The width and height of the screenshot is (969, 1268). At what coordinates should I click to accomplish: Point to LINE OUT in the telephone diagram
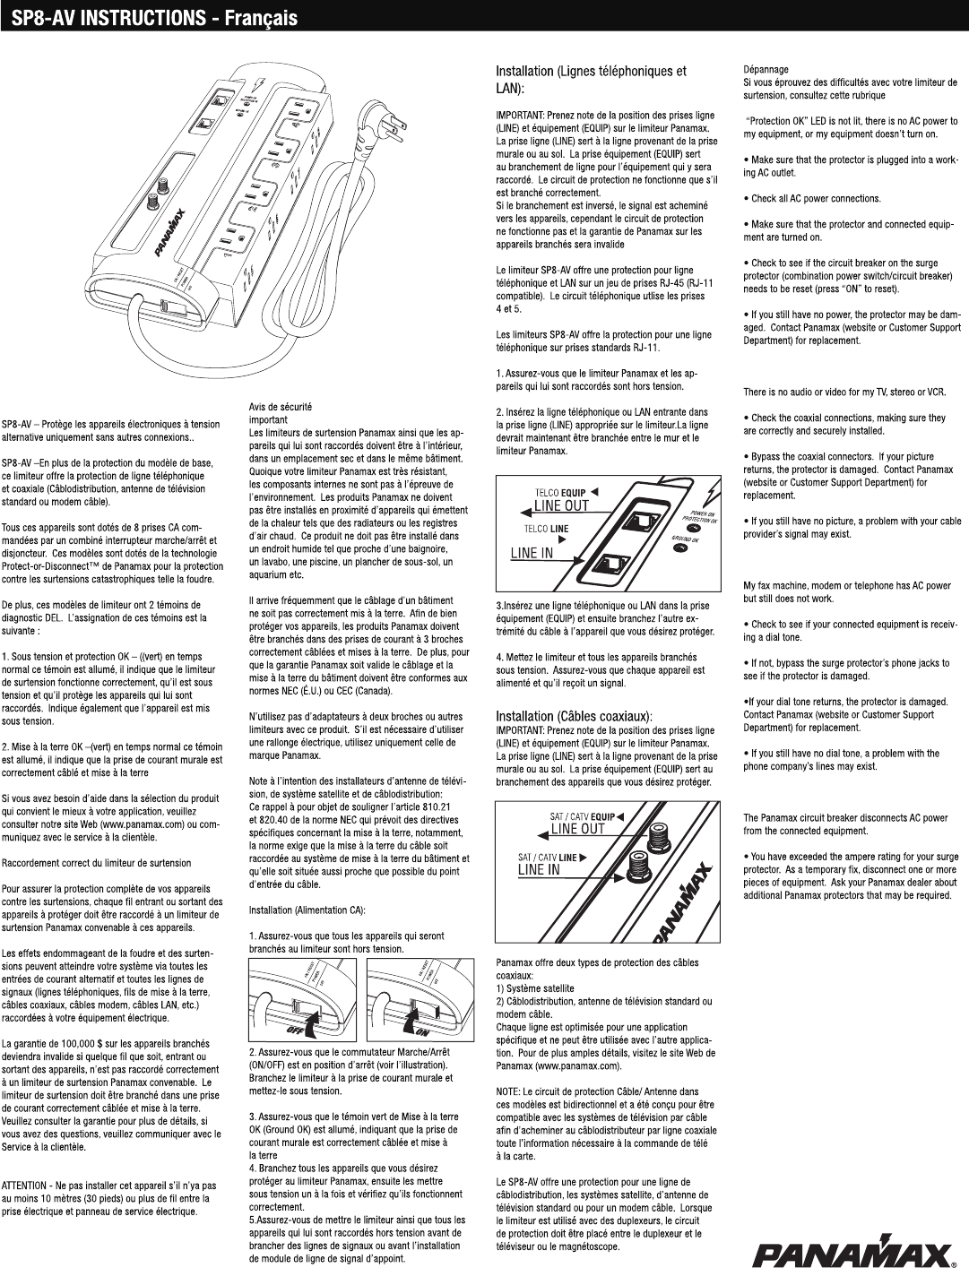point(562,505)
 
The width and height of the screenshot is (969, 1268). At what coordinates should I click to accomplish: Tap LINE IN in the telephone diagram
point(532,553)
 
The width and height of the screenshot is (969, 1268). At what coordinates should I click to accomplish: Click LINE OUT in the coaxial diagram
point(577,829)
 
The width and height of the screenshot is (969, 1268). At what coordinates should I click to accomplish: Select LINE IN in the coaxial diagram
point(540,869)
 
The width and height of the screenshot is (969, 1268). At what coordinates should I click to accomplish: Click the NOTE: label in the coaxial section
point(508,1091)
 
